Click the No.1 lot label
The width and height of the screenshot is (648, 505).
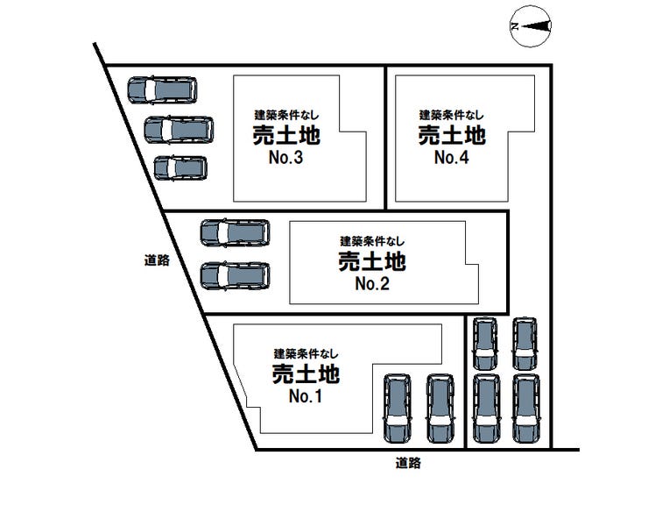click(306, 396)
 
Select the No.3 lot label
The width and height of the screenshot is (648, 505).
click(285, 160)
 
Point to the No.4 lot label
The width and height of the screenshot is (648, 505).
click(451, 159)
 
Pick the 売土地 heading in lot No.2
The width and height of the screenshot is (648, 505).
click(371, 261)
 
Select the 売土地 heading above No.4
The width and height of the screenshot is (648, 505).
click(451, 135)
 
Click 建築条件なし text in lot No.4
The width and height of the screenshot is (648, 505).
click(451, 115)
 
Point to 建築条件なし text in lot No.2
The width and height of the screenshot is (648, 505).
click(373, 240)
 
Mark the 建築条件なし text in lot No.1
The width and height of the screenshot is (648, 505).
click(306, 353)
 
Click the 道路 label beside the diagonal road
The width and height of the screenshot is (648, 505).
click(157, 260)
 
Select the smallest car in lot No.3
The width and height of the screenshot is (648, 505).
click(180, 167)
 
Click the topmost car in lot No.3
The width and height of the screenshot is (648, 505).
click(162, 90)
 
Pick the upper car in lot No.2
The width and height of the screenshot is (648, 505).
click(235, 232)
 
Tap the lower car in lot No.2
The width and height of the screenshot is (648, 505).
click(235, 275)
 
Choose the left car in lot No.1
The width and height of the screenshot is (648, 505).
click(397, 409)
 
